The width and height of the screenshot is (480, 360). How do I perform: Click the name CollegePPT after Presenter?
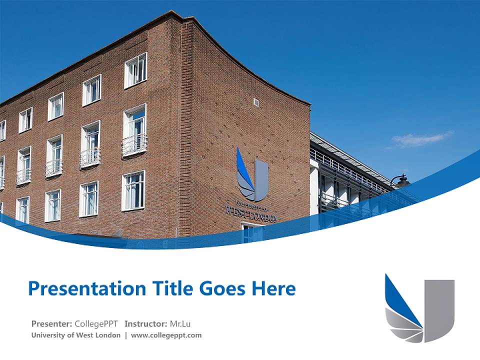[96, 323]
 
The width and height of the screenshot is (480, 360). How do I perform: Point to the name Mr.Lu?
[180, 323]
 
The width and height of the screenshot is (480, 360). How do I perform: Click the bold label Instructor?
[146, 323]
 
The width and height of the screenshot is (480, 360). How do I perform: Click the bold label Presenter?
[51, 323]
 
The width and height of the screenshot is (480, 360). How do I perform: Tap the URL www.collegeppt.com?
[166, 335]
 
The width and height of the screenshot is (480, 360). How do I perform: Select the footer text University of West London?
[75, 335]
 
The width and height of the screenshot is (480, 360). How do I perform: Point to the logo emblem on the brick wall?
[252, 175]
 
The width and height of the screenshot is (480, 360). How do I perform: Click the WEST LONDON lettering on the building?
[251, 211]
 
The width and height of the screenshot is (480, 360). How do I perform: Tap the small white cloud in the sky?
[422, 138]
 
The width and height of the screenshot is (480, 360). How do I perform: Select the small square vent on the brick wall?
[256, 102]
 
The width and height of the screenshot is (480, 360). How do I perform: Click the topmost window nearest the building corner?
[135, 70]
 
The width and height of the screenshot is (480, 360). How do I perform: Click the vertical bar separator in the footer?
[126, 335]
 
